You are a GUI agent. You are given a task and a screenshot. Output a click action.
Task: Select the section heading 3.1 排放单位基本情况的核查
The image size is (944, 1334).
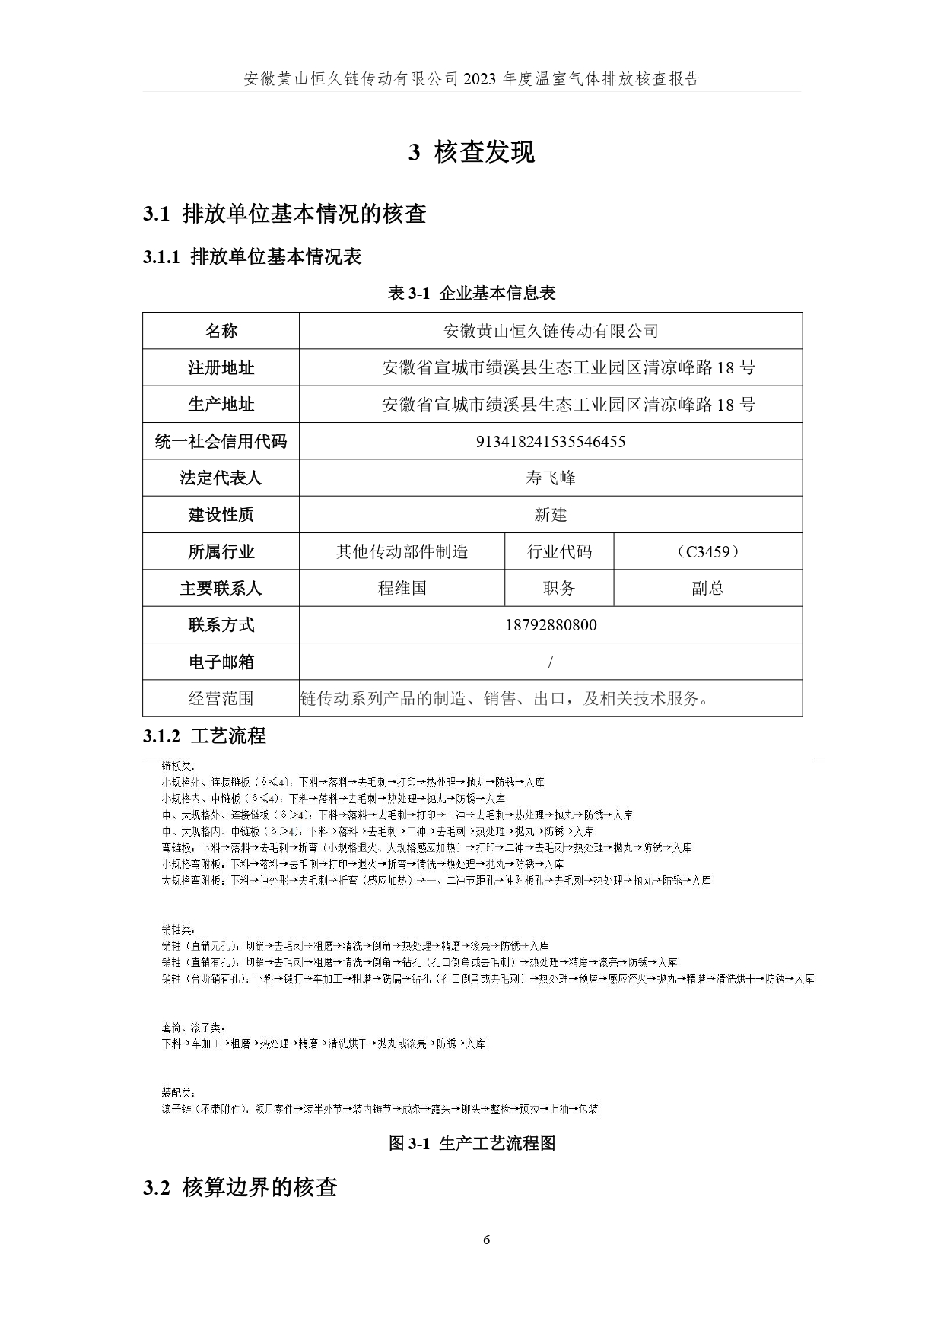[284, 214]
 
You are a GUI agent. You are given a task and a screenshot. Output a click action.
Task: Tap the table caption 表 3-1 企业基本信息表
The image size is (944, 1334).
[472, 294]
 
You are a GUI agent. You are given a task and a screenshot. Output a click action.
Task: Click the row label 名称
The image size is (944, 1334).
[221, 331]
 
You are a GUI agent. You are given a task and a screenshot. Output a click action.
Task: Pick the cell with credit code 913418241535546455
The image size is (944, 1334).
[550, 442]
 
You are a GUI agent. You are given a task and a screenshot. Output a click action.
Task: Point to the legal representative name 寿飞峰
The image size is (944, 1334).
[550, 478]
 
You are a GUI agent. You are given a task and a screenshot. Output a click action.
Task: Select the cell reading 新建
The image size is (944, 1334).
[550, 515]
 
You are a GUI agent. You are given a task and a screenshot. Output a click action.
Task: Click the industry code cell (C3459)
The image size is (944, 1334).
[707, 552]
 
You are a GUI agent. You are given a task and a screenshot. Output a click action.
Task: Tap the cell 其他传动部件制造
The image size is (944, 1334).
[402, 552]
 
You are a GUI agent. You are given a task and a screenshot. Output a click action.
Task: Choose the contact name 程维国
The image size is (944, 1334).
[402, 589]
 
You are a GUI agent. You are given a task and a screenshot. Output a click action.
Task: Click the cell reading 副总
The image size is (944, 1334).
[707, 589]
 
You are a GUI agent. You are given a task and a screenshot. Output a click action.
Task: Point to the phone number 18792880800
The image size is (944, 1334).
[550, 625]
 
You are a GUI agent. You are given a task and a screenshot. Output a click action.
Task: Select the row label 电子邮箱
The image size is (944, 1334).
[221, 662]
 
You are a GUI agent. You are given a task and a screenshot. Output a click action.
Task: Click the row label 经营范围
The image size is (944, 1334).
[221, 698]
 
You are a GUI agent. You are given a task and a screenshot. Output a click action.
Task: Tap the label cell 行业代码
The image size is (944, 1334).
[559, 552]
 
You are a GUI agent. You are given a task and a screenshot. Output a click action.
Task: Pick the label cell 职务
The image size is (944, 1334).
[559, 589]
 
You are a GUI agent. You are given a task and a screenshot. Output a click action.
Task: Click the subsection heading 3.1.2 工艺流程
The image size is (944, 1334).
[204, 736]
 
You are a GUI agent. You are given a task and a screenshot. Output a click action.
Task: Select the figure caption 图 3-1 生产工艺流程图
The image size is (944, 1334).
[472, 1144]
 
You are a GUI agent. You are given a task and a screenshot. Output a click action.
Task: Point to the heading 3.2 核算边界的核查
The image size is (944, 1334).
[240, 1188]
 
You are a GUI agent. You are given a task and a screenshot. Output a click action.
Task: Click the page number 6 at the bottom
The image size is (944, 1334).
[487, 1240]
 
